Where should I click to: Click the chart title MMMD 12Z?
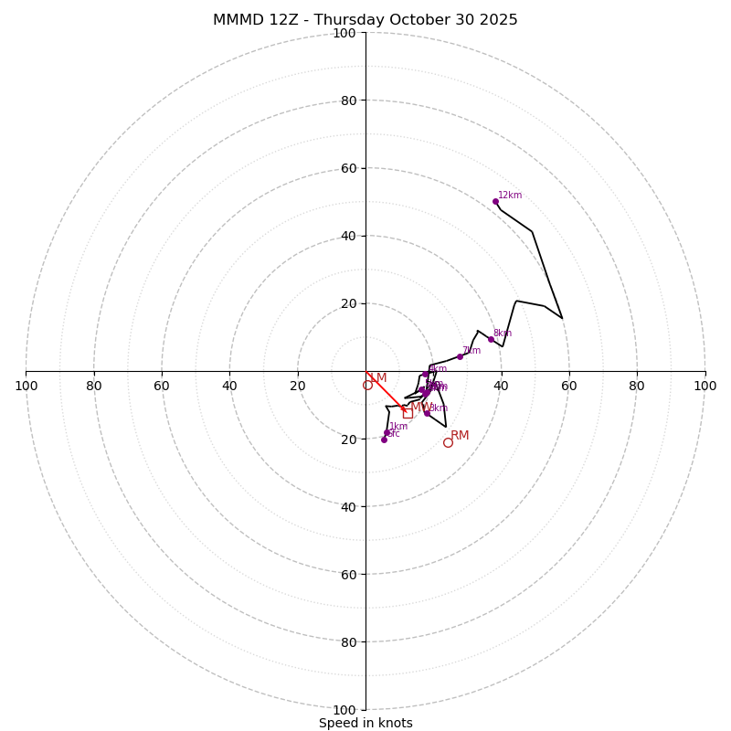[365, 20]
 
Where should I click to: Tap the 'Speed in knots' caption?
[365, 723]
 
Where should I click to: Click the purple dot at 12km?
[495, 201]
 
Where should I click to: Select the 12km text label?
[510, 195]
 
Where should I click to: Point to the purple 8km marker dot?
[491, 339]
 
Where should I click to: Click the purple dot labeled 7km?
[460, 356]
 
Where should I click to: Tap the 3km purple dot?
[427, 413]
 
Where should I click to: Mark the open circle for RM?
[448, 442]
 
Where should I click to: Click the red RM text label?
[460, 436]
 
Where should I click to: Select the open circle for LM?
[367, 386]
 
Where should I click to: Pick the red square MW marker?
[408, 413]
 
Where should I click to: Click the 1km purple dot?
[387, 432]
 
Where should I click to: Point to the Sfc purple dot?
[384, 440]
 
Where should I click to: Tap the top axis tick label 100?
[344, 33]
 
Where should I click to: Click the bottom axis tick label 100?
[344, 710]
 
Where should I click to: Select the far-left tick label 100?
[26, 386]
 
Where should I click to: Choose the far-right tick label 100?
[705, 386]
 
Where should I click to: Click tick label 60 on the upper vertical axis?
[347, 168]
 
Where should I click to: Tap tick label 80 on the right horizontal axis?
[637, 386]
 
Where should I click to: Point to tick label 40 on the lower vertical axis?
[347, 506]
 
